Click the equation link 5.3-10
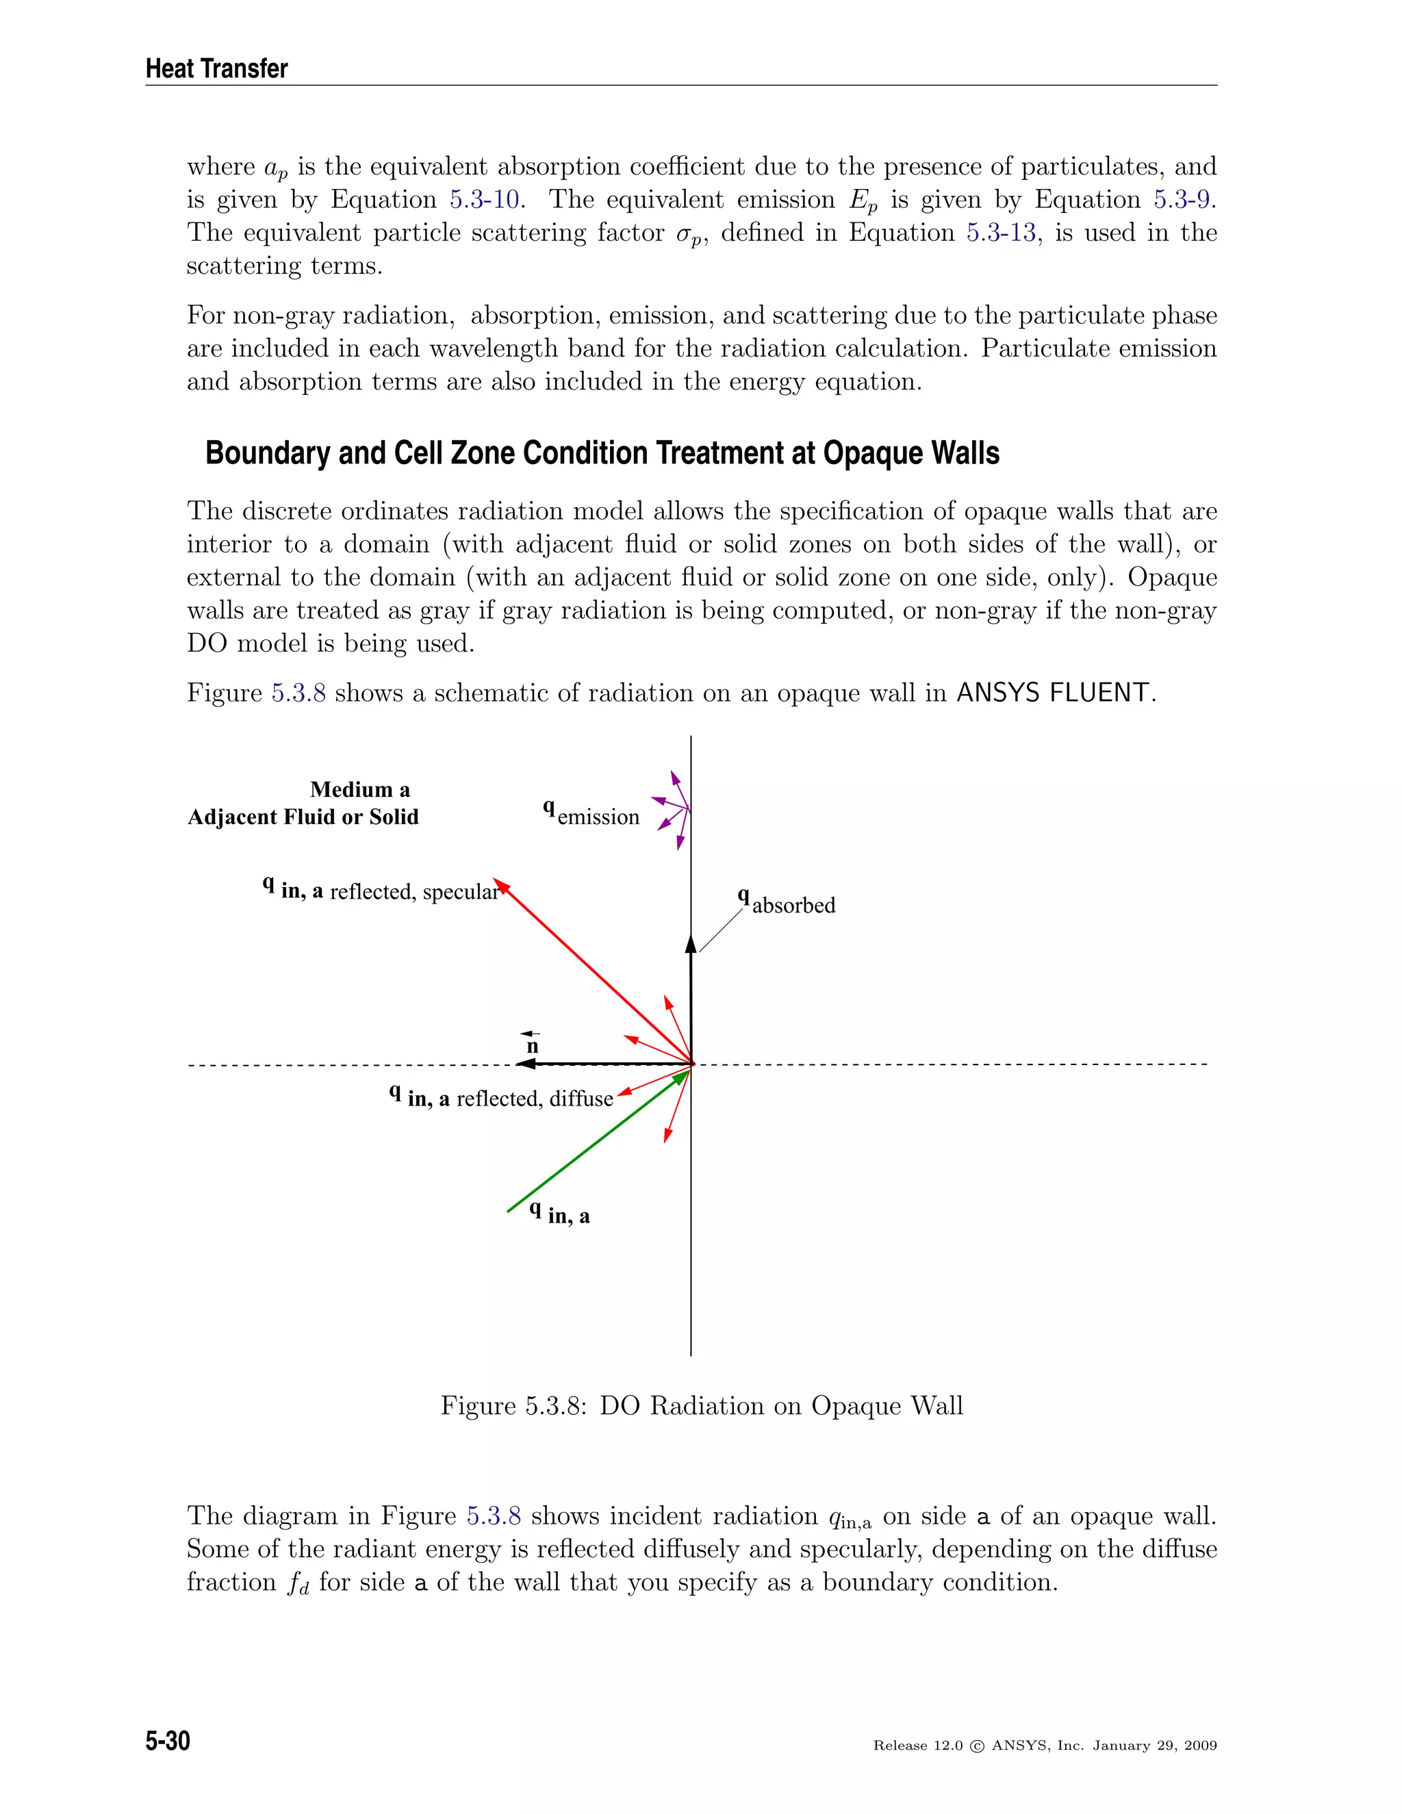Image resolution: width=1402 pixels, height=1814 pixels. (x=486, y=200)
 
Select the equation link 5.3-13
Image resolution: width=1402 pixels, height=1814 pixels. (x=1001, y=233)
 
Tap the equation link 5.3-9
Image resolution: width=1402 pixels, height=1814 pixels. (x=1181, y=200)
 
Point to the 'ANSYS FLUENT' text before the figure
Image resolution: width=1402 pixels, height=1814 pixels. (x=1053, y=693)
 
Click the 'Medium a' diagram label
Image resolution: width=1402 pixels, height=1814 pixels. (x=359, y=790)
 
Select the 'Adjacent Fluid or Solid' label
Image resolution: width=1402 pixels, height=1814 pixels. (x=303, y=817)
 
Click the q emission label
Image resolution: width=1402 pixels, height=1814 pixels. (x=591, y=814)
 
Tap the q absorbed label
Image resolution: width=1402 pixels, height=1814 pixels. (x=787, y=903)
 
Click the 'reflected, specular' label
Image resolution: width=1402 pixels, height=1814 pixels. (x=413, y=892)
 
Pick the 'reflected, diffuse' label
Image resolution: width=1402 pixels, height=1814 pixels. (x=534, y=1099)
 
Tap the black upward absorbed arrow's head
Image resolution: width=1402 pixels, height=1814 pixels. (x=691, y=943)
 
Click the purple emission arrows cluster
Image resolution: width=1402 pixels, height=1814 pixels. (x=673, y=810)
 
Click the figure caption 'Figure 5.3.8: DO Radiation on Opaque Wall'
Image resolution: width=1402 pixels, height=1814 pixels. (x=701, y=1405)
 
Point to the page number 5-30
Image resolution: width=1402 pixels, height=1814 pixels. (x=168, y=1741)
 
